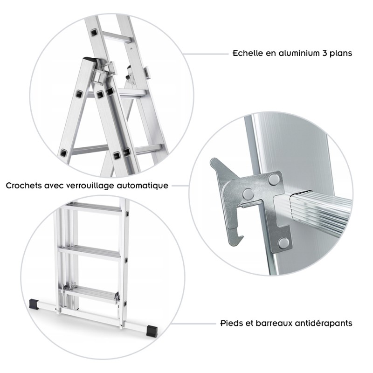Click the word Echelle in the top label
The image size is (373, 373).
248,53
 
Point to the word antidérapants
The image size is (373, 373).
322,323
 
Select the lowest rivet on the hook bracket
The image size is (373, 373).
282,242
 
